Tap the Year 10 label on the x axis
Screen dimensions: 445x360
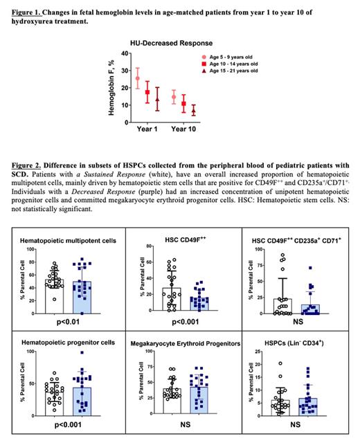coord(183,129)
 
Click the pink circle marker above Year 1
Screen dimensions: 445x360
coord(138,78)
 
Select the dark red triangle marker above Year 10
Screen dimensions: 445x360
coord(194,111)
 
